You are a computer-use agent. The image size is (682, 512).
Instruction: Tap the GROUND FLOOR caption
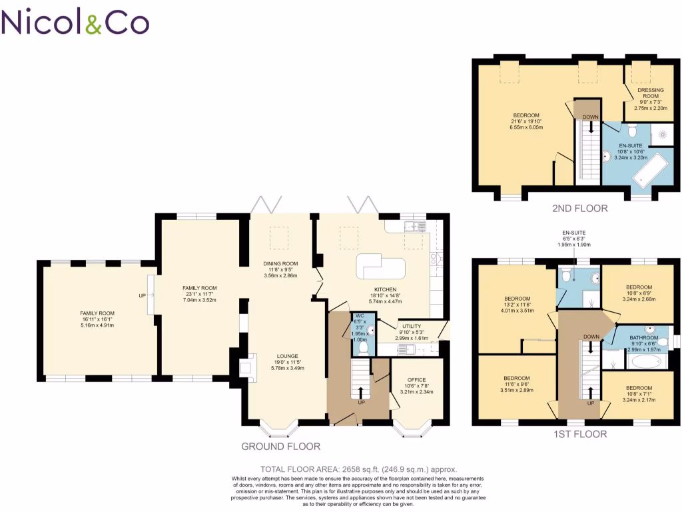pos(280,446)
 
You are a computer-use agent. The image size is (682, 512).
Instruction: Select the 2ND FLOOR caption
pos(579,208)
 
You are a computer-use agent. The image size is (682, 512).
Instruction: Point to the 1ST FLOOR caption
pos(579,434)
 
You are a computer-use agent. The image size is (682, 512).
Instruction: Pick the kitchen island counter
pos(381,267)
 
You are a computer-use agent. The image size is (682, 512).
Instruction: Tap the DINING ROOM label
pos(280,263)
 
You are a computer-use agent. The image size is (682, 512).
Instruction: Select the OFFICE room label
pos(416,380)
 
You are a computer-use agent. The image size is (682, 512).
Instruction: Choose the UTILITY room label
pos(411,326)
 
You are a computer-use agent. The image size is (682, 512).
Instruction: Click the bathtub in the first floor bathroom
pos(647,361)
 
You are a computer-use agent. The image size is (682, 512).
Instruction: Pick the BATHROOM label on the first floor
pos(643,338)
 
